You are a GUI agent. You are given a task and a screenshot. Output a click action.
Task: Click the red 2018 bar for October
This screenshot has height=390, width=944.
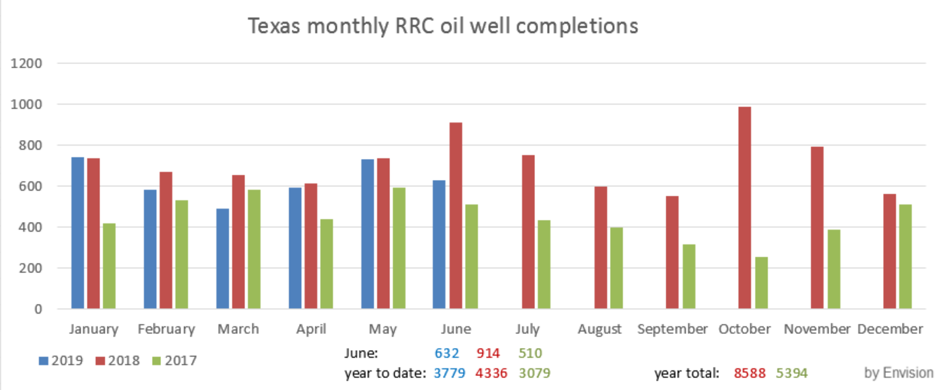744,207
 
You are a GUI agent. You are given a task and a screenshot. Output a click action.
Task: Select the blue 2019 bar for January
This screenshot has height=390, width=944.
77,232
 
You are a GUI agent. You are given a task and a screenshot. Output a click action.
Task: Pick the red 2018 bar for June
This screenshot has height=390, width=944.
456,216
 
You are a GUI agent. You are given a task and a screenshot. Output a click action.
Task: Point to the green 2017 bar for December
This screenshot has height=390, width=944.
905,256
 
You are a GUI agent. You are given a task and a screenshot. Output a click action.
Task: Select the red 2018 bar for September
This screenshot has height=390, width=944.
672,252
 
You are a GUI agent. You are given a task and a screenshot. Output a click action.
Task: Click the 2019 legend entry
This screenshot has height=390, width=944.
60,361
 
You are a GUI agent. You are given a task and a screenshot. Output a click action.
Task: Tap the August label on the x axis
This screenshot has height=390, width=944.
600,329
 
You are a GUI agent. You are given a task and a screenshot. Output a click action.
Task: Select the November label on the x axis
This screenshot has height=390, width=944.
817,329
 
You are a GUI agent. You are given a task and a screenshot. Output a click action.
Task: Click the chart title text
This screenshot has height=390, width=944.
443,26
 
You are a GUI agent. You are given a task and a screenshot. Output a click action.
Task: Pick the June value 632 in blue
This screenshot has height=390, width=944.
446,354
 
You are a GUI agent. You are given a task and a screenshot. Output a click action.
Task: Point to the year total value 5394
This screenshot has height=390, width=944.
791,373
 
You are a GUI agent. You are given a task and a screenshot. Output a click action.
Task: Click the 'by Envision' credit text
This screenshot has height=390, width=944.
899,372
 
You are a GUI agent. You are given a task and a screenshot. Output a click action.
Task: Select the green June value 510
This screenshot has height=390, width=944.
530,354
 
